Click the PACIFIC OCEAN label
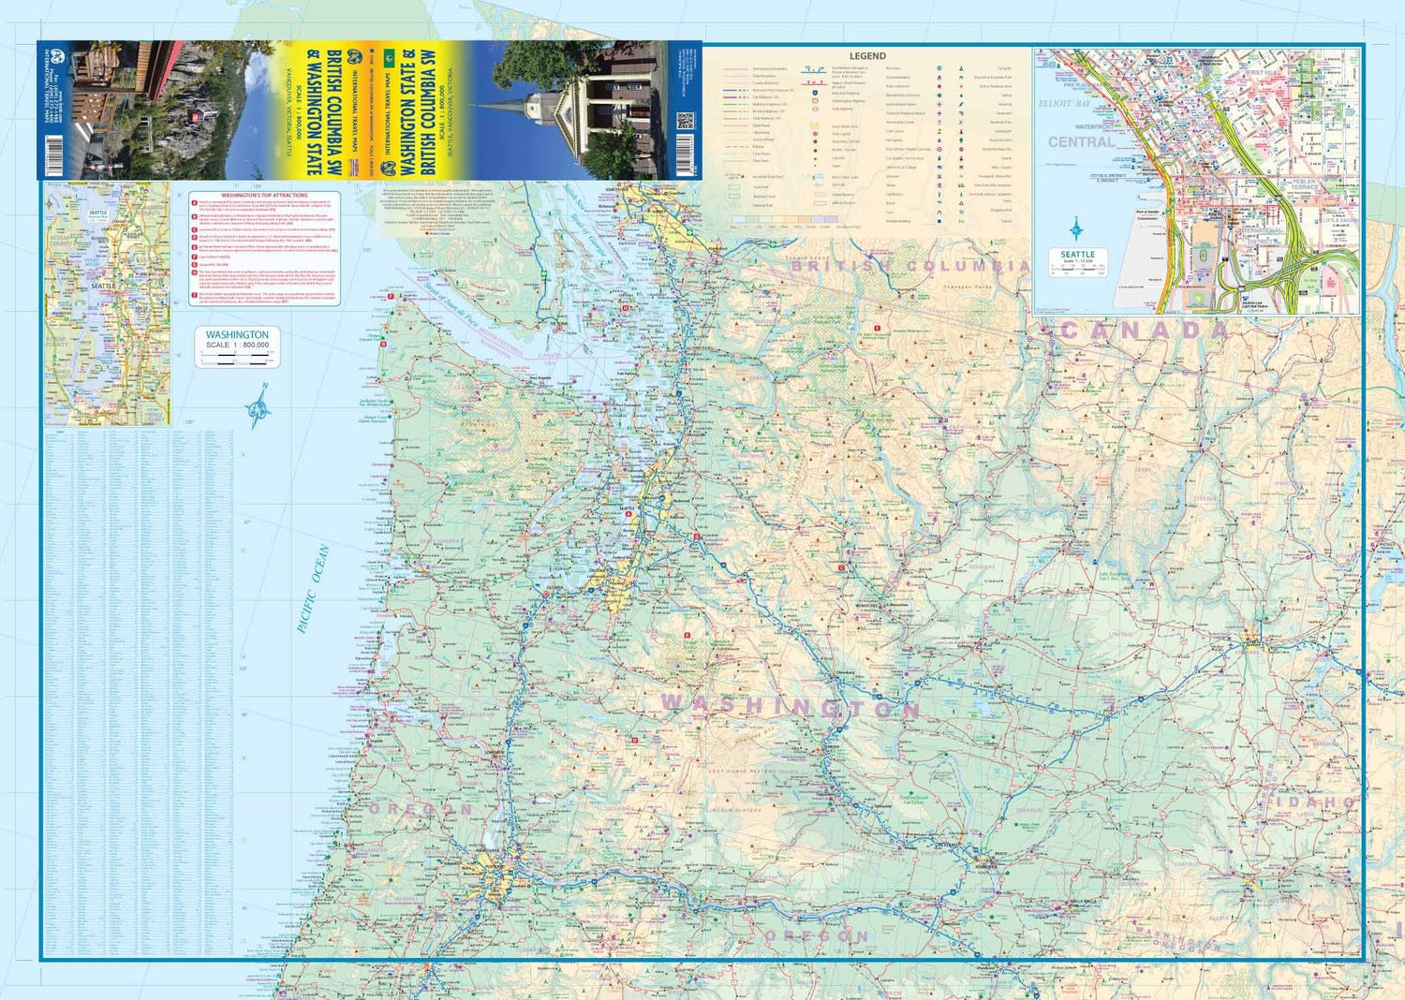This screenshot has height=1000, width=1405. [313, 590]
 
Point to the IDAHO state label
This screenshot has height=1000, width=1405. [1316, 802]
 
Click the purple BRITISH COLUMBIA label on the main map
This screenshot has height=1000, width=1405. [910, 266]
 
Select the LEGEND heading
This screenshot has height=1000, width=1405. [867, 56]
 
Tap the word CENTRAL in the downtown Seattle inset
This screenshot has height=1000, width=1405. [1082, 142]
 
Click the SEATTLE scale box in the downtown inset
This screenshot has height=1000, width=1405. [1077, 261]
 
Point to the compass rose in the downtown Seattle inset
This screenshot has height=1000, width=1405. [1077, 228]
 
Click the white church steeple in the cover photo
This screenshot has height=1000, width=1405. [535, 103]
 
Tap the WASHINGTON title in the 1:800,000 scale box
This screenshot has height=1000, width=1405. [237, 334]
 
